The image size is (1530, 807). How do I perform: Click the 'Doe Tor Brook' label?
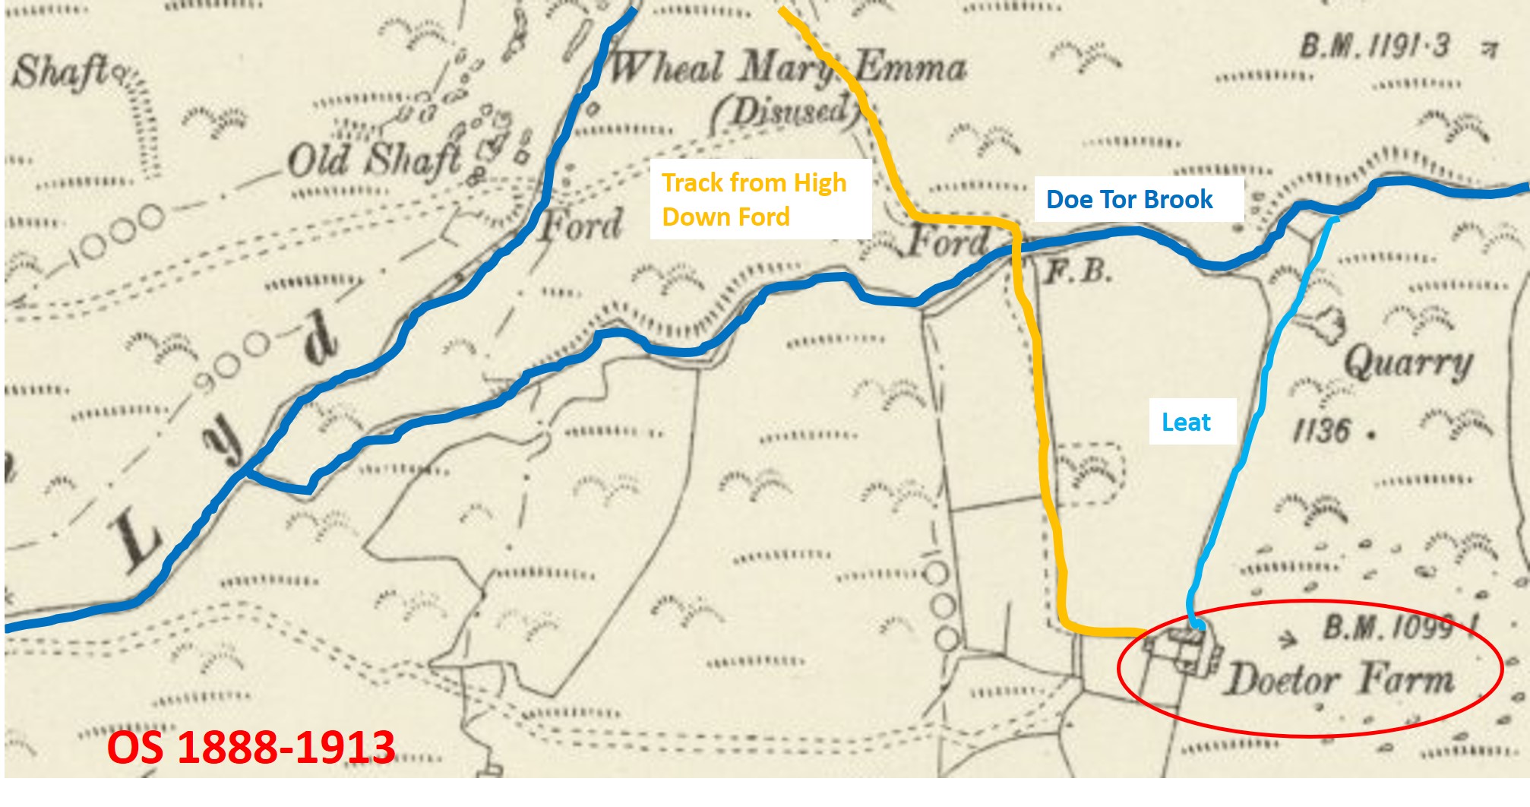(1130, 199)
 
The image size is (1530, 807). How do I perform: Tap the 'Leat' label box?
(1186, 422)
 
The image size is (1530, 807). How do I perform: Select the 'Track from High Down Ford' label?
(754, 199)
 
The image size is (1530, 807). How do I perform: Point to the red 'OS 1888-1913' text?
(251, 747)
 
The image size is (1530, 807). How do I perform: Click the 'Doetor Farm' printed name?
(1341, 678)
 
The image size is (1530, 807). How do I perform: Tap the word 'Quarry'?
(1409, 365)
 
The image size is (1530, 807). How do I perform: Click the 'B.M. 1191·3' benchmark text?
(1375, 47)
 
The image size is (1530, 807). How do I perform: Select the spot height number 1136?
(1323, 431)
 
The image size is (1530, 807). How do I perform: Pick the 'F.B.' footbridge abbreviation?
(1078, 271)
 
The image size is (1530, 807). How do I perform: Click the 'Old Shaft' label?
(375, 160)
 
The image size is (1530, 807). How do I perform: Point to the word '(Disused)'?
(782, 112)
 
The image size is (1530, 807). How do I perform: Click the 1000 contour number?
(114, 233)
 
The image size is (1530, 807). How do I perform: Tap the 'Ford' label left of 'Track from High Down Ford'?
(580, 225)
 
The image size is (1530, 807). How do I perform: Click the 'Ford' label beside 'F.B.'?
(950, 242)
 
